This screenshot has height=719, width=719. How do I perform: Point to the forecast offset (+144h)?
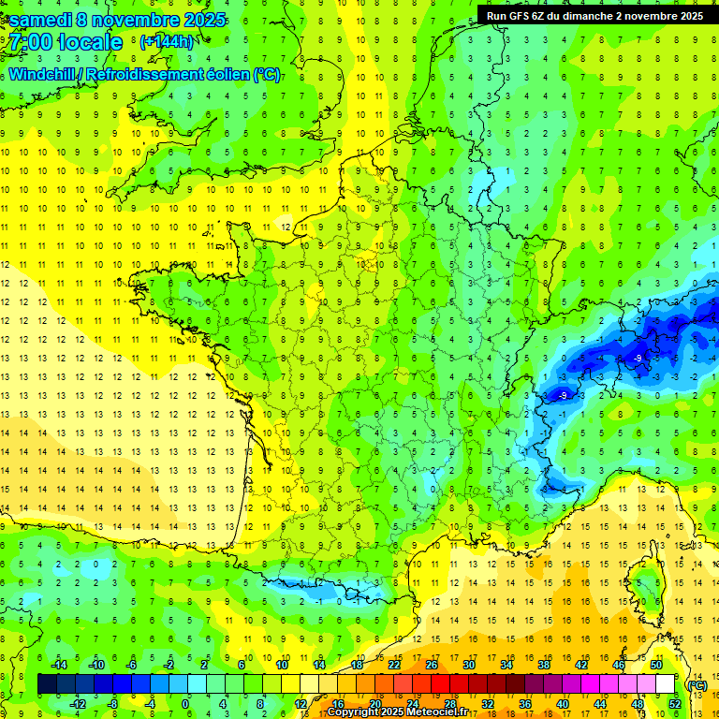[x=166, y=42]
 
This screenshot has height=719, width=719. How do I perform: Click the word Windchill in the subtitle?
[x=43, y=75]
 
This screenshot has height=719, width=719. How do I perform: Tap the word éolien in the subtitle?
[x=229, y=75]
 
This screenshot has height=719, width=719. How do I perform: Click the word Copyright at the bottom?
[x=355, y=712]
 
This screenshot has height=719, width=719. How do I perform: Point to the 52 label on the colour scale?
[x=675, y=704]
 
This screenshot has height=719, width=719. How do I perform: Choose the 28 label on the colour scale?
[x=450, y=704]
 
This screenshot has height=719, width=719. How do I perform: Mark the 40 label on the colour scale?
[x=563, y=704]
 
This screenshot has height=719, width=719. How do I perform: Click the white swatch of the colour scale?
[x=666, y=684]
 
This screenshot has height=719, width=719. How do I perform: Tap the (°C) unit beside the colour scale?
[x=697, y=685]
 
